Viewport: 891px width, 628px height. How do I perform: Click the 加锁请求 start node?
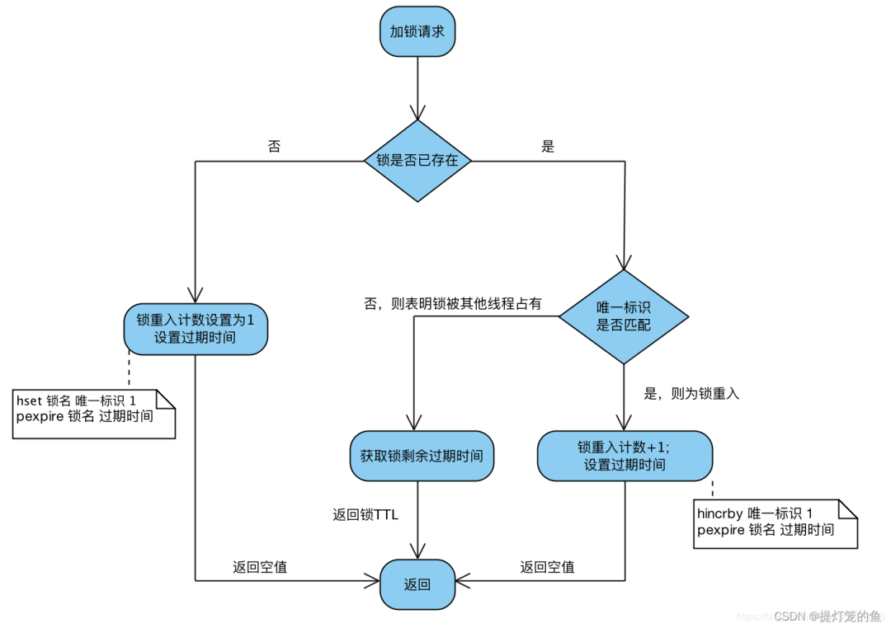coord(417,33)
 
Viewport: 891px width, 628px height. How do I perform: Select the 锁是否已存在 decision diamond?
coord(417,161)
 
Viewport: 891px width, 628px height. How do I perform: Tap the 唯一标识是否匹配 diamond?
coord(624,316)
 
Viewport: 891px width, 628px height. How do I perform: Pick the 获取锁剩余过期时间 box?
coord(422,456)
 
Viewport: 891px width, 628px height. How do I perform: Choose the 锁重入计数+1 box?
coord(625,456)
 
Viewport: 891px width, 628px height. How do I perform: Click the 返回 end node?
coord(417,584)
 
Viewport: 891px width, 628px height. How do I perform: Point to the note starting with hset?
coord(93,409)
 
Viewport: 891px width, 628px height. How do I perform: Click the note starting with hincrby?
coord(774,522)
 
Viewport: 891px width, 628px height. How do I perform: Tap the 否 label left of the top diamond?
coord(274,147)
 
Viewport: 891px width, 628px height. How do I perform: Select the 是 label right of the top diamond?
coord(548,147)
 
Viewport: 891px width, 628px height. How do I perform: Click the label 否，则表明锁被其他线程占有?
coord(453,303)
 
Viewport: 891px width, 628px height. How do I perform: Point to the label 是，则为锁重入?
coord(691,394)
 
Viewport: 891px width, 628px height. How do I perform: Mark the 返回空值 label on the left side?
coord(260,567)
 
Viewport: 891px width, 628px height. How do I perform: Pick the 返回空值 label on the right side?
coord(547,567)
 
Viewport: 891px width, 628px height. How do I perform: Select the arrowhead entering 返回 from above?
coord(417,552)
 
